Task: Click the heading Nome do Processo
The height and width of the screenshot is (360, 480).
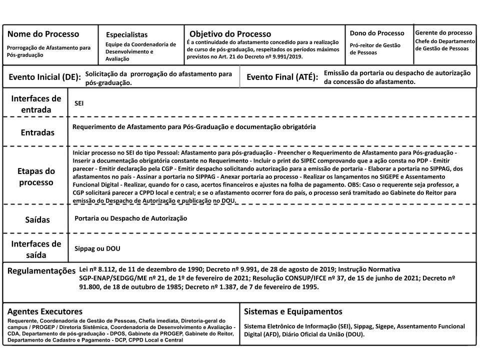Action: click(x=43, y=34)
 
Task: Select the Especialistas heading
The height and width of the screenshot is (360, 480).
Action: click(x=126, y=35)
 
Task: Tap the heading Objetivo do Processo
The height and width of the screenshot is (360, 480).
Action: click(x=230, y=34)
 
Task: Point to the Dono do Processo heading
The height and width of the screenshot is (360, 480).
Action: click(x=377, y=33)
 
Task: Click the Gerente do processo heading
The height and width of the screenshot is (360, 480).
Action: click(x=443, y=32)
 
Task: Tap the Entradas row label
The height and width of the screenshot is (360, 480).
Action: click(x=37, y=133)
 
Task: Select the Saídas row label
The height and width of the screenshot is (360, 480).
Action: click(x=37, y=219)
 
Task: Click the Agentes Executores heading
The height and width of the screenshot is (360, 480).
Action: click(x=44, y=311)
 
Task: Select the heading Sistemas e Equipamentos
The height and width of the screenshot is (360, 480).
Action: click(x=292, y=311)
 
